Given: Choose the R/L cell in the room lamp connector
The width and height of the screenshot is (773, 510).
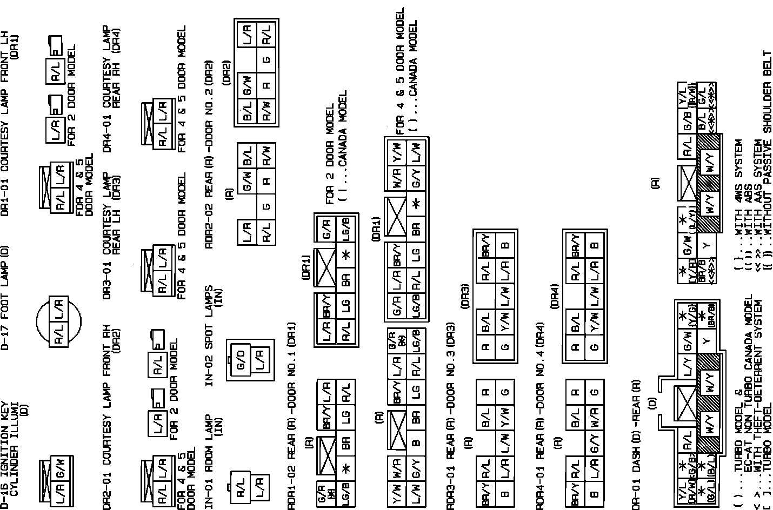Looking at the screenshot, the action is [x=241, y=490].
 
